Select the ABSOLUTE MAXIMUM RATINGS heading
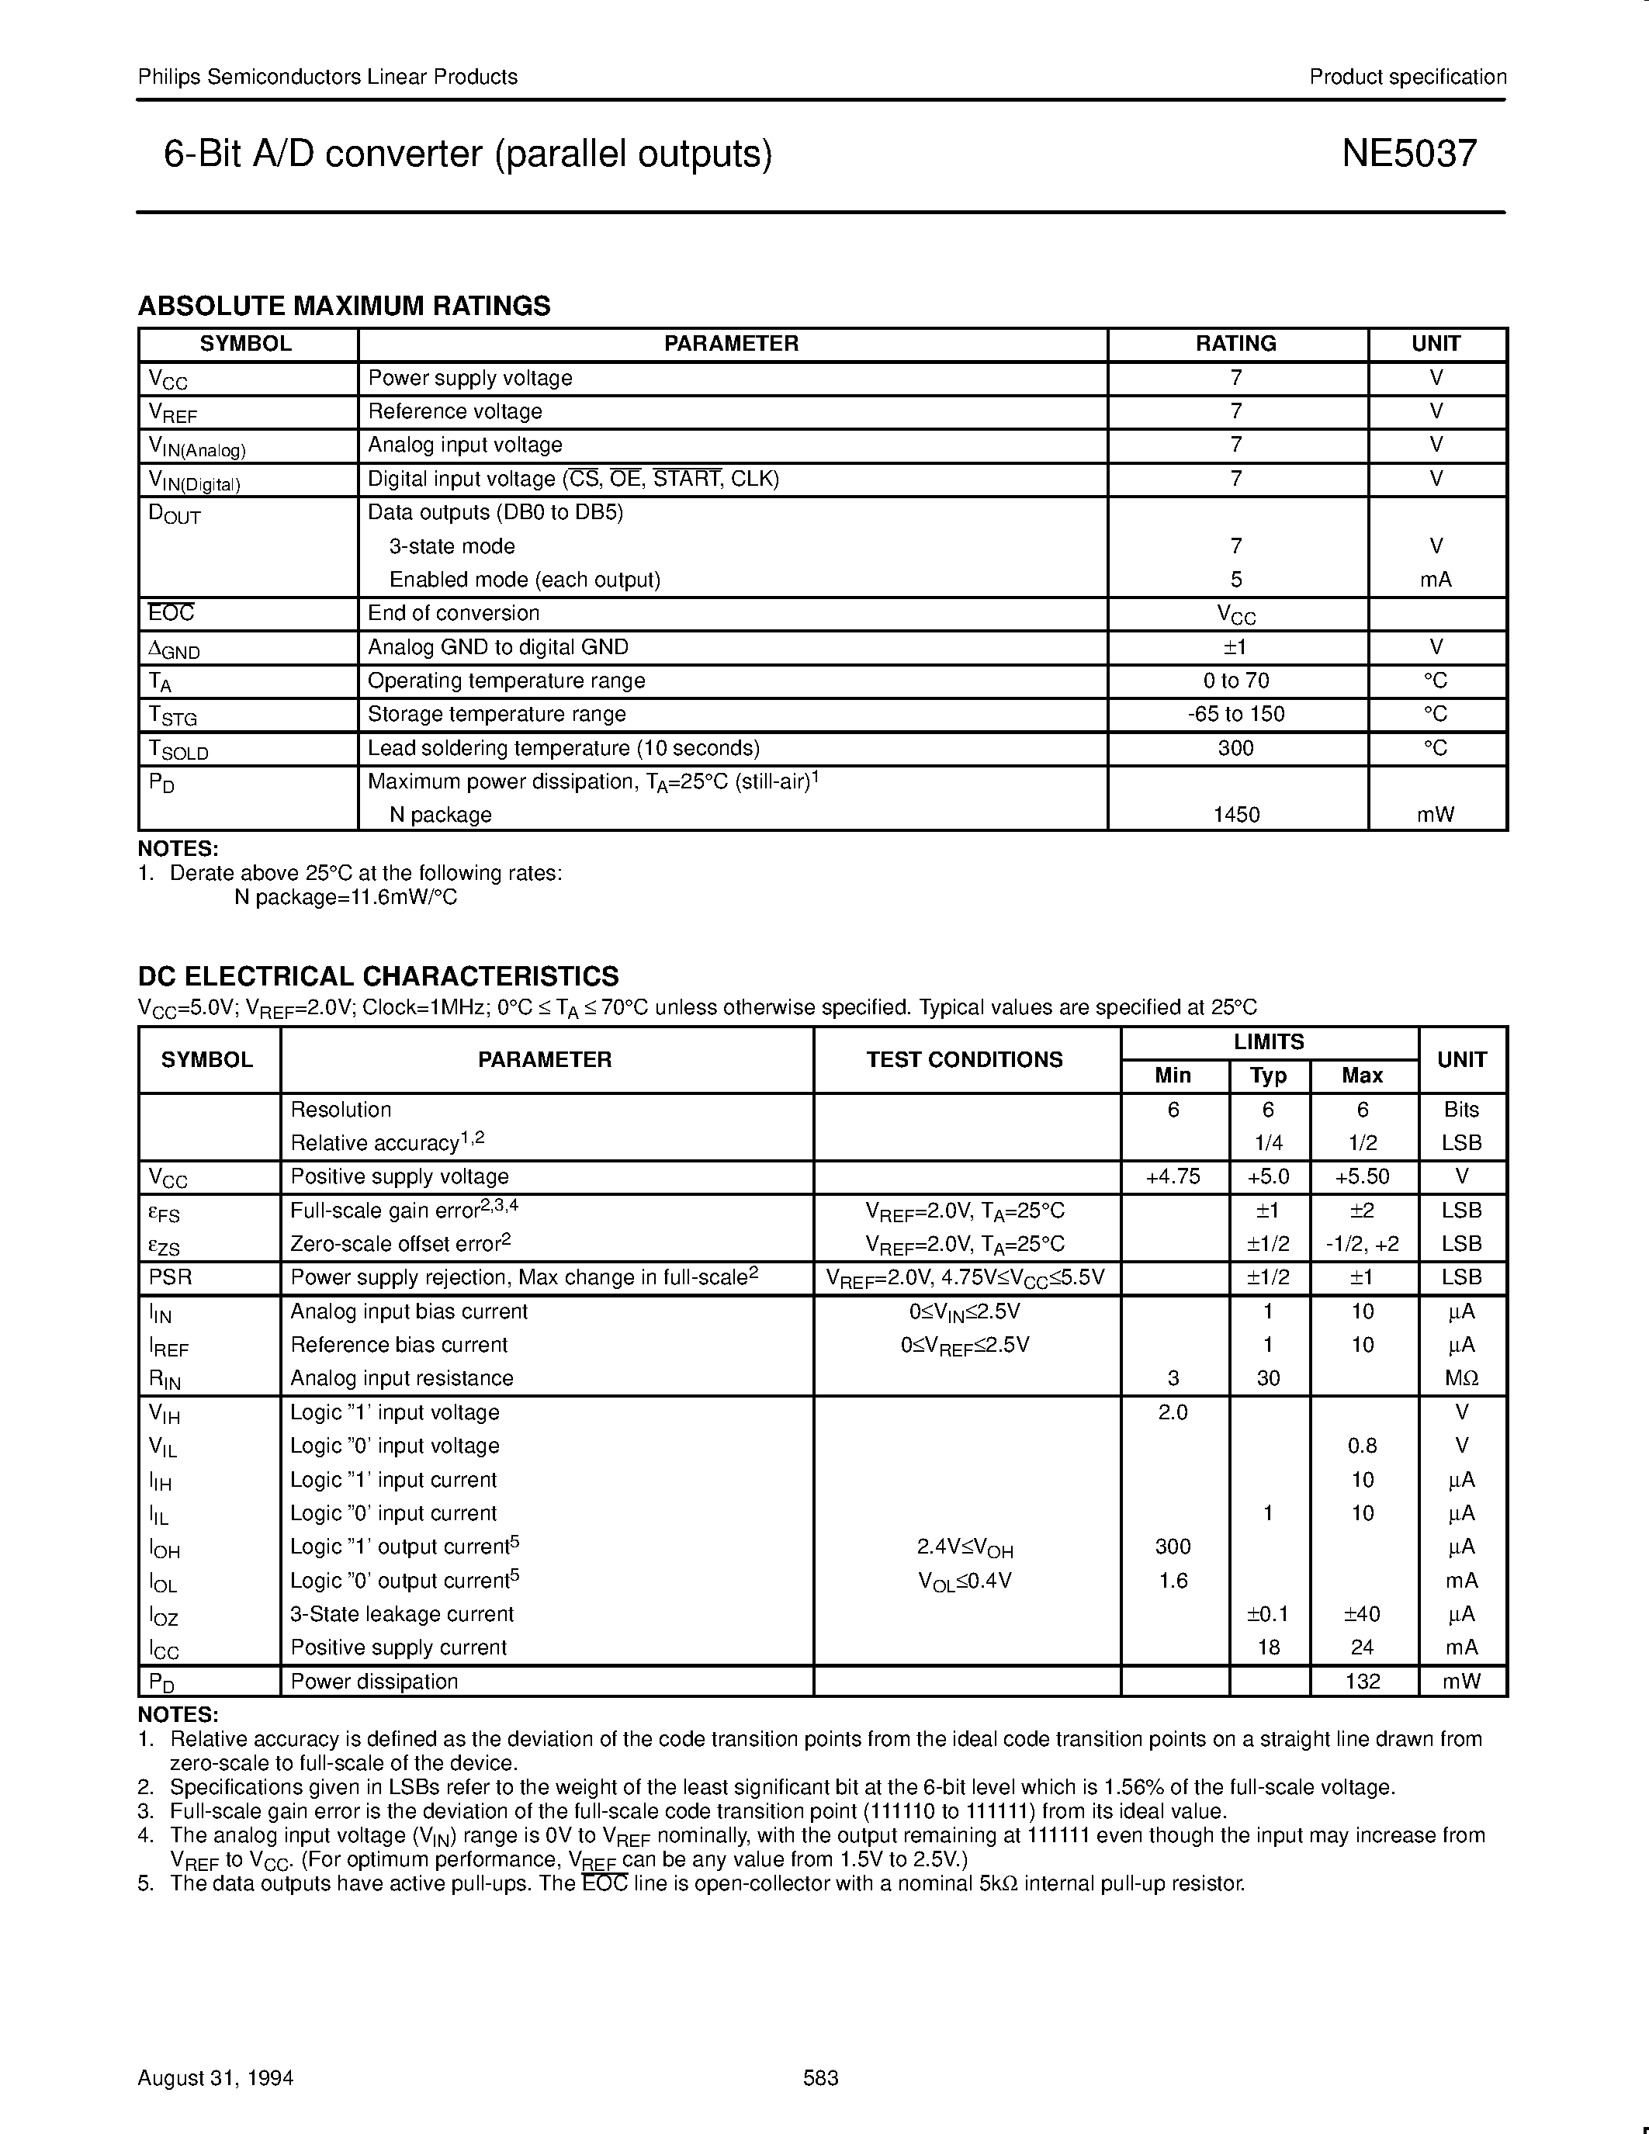(344, 306)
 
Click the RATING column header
(1235, 344)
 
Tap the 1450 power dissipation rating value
(1235, 814)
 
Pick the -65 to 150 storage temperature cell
(1235, 713)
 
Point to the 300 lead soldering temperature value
(1235, 747)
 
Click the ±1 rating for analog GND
(1235, 647)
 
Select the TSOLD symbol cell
(178, 750)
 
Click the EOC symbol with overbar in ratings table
(171, 612)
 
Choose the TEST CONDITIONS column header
(965, 1059)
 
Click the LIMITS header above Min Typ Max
(1269, 1041)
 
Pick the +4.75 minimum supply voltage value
(1173, 1176)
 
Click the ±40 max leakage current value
(1362, 1614)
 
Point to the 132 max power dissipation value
(1362, 1681)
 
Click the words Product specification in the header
(1407, 77)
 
